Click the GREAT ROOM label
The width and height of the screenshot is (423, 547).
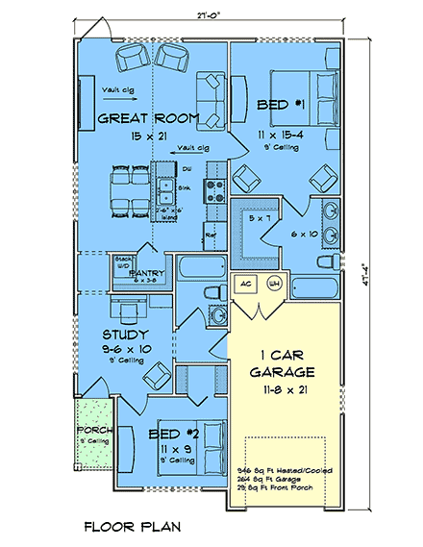click(148, 119)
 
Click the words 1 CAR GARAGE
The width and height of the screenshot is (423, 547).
click(284, 362)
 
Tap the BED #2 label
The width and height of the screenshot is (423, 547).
click(174, 435)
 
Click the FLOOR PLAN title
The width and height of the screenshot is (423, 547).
click(129, 527)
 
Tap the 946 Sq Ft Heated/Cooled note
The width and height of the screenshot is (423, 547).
click(284, 462)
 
